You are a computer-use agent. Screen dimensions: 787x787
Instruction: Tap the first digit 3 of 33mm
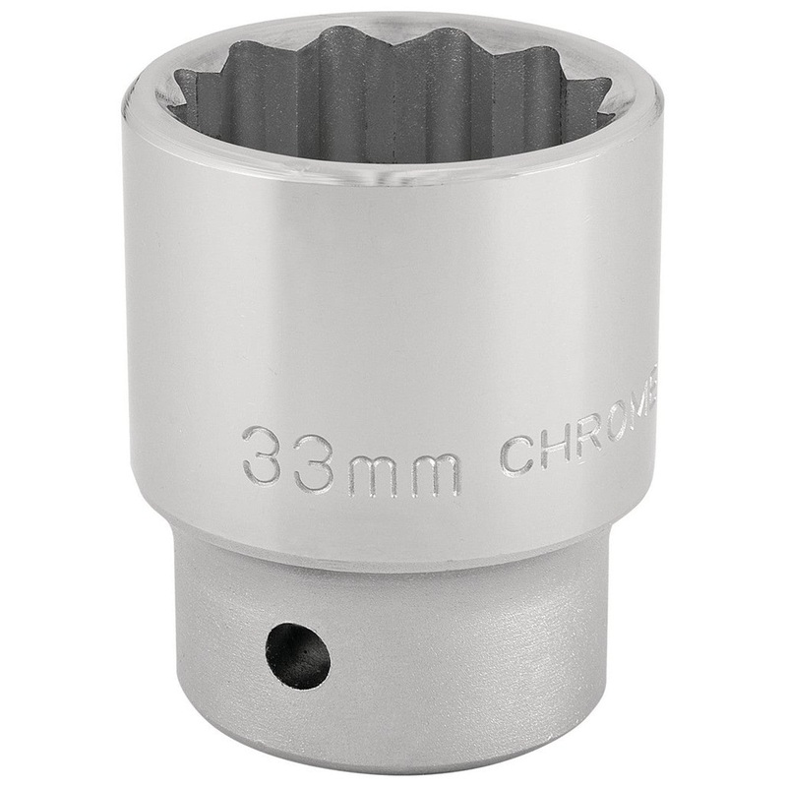click(x=264, y=455)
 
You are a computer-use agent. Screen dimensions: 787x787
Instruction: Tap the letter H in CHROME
click(x=559, y=452)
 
